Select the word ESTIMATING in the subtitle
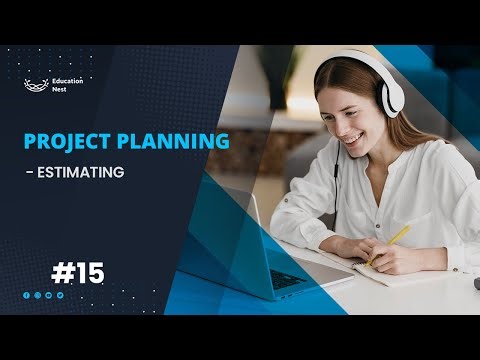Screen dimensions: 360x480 click(x=83, y=172)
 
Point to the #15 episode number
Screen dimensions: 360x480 click(x=77, y=271)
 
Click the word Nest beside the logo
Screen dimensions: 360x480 click(x=59, y=90)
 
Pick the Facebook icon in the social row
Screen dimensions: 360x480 click(x=26, y=295)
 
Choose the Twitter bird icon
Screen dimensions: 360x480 click(x=60, y=295)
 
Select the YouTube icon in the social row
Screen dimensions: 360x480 click(x=49, y=295)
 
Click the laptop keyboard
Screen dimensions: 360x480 click(x=299, y=281)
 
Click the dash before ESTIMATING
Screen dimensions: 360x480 click(x=29, y=173)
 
